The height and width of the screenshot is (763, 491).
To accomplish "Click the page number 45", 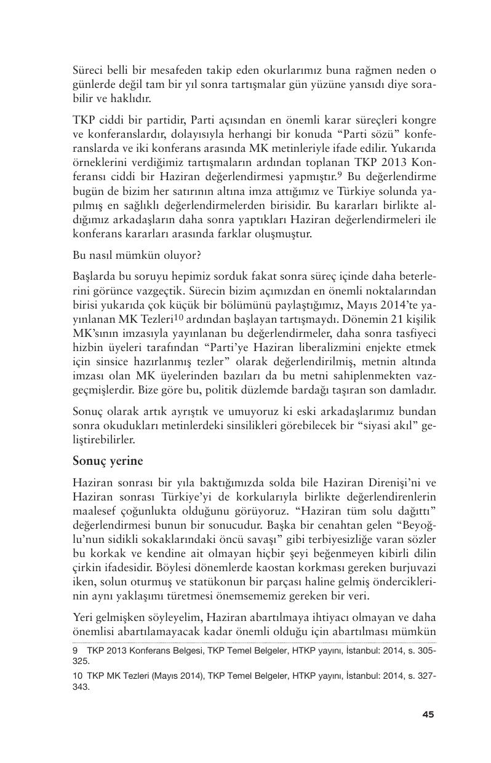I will tap(428, 714).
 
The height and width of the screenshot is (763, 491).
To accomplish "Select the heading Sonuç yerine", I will tap(108, 461).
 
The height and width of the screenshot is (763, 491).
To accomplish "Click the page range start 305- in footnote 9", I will tap(426, 648).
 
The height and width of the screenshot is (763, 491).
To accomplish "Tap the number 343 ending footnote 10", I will tap(81, 687).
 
